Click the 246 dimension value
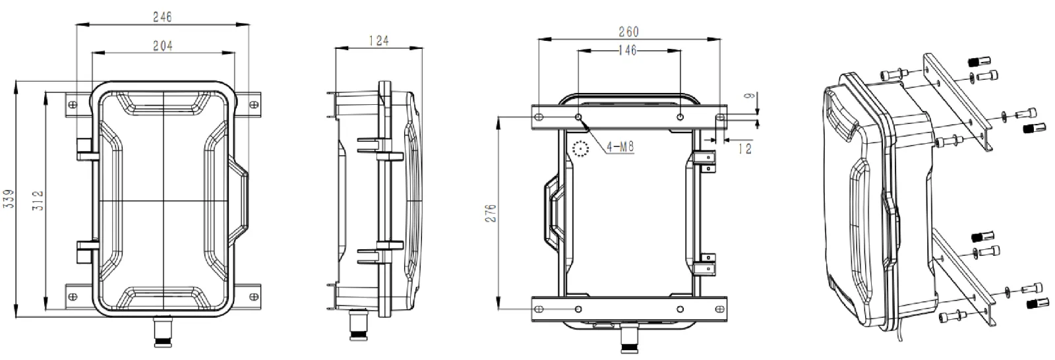pos(162,17)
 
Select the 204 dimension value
pos(162,45)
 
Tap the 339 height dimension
pos(9,199)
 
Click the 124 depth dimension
pos(377,40)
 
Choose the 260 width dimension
pos(628,31)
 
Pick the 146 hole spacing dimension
pos(628,51)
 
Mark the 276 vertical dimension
pos(491,213)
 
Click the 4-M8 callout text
pos(620,147)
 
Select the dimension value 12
pos(744,150)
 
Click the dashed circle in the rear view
pos(581,150)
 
